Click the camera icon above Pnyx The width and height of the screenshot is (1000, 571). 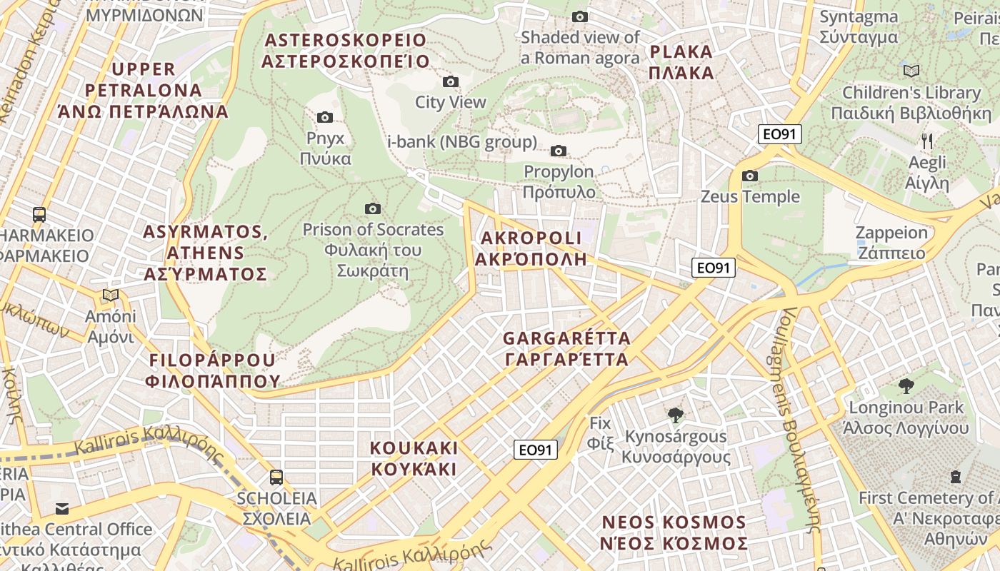325,117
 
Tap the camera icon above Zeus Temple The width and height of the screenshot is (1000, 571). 749,176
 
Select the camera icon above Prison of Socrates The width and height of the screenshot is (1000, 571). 372,208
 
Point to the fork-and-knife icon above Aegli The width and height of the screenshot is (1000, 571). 927,141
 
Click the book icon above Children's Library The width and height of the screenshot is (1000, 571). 911,71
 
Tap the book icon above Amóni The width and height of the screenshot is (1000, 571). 111,295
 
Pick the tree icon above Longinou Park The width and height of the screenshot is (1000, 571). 906,386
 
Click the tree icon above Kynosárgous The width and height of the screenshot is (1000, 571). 675,415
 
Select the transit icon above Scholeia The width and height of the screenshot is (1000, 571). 276,477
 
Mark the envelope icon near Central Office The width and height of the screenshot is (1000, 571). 62,508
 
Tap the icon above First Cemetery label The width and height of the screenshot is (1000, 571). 956,476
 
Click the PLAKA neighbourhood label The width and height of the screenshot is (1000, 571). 681,62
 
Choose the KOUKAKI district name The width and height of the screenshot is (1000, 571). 414,458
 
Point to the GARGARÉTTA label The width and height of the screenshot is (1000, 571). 567,348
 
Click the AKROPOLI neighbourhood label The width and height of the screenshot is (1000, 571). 531,248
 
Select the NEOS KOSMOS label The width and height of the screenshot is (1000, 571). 674,532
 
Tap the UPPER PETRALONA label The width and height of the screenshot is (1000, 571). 143,90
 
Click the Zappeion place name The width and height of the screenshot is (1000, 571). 891,243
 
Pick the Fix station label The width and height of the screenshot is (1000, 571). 600,433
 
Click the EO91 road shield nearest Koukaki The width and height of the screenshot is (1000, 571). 535,450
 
